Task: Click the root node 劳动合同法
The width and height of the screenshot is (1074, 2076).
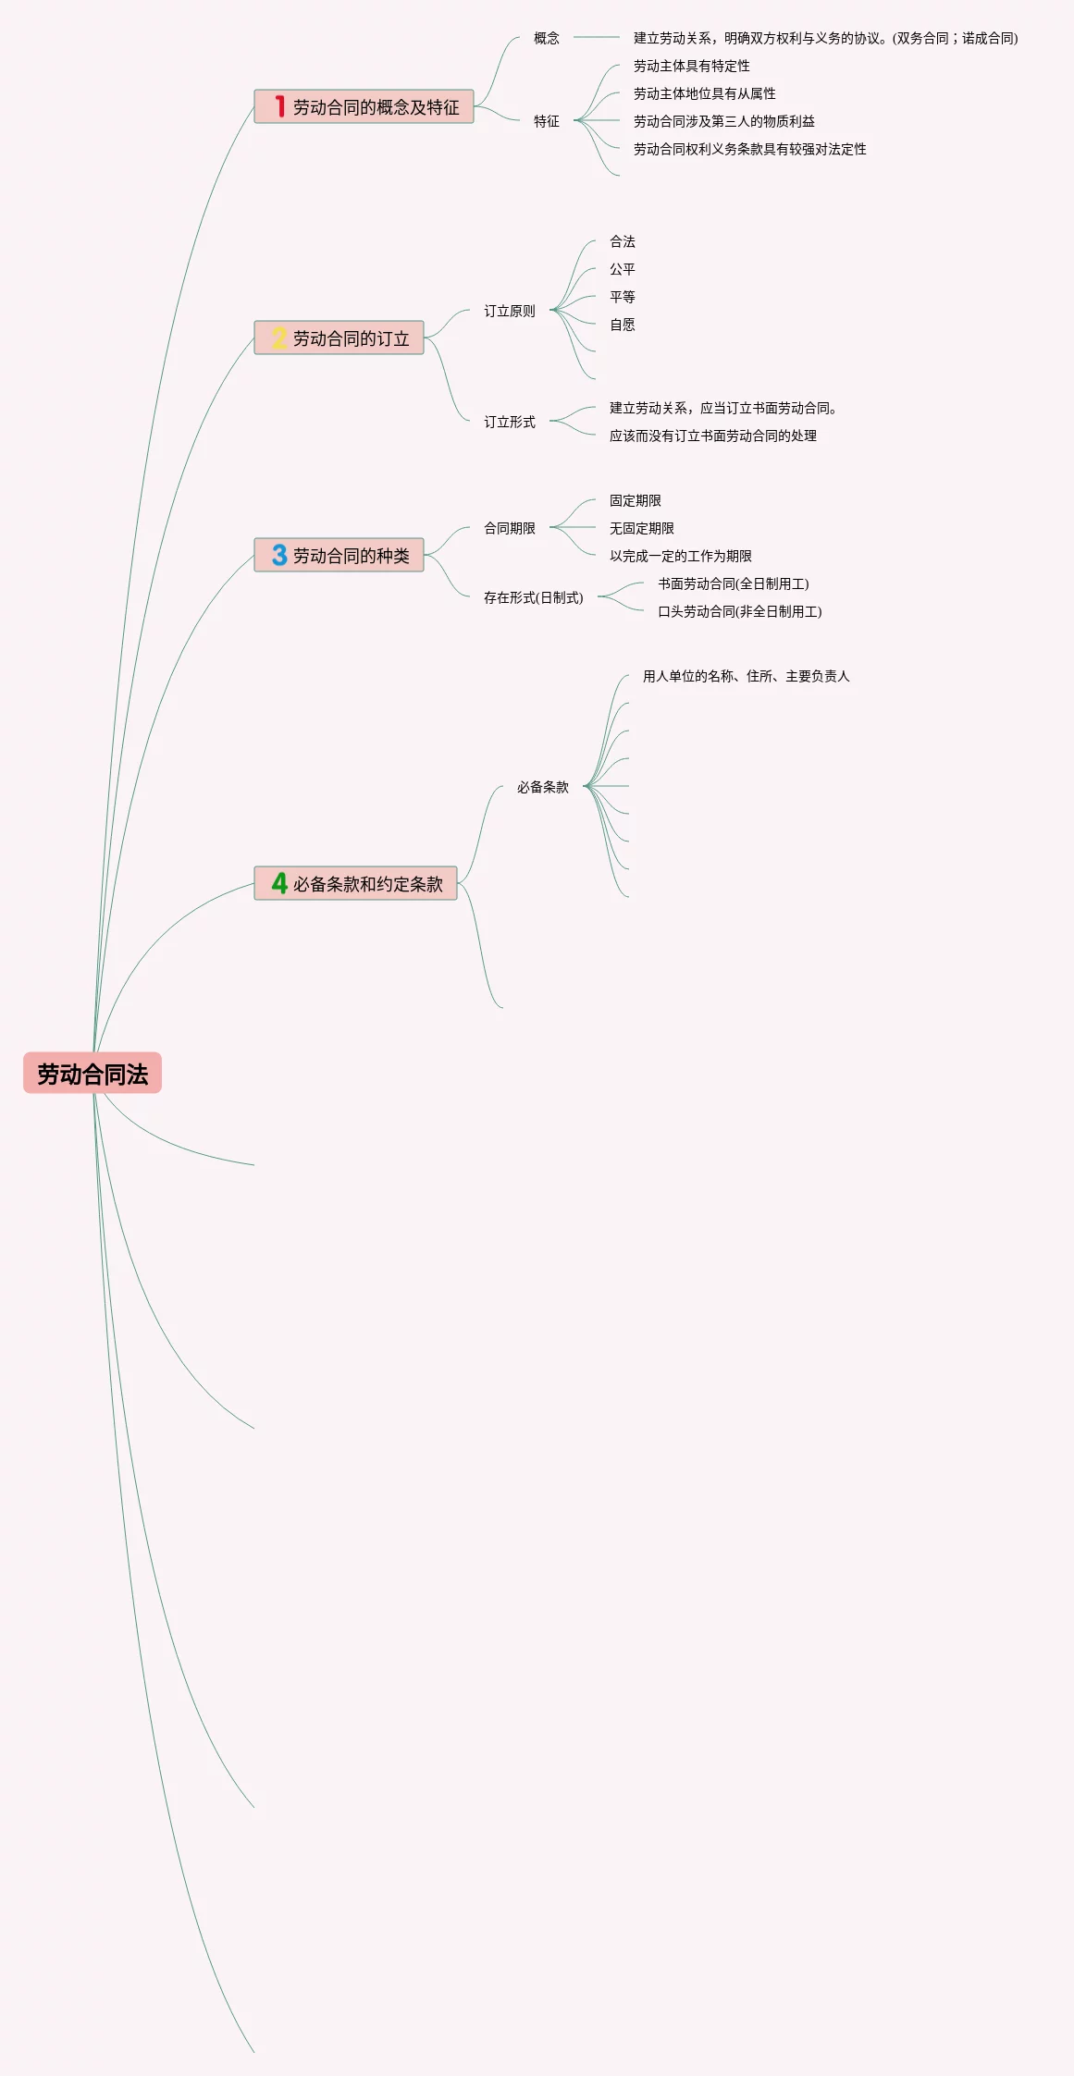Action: point(93,1074)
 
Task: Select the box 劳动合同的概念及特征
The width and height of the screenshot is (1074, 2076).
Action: point(364,107)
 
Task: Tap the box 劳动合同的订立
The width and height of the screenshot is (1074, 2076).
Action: point(339,338)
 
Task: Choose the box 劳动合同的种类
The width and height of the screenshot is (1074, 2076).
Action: point(339,556)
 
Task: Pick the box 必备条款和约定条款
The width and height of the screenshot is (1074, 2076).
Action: point(356,884)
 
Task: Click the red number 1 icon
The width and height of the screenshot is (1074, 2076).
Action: point(279,107)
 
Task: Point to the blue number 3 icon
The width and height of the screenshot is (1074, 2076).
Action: point(279,555)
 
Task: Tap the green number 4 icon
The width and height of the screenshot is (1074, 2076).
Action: point(279,883)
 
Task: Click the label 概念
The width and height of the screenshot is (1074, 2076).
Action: point(547,38)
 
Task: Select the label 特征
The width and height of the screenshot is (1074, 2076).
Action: point(547,121)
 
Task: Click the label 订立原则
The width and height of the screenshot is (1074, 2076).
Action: point(510,311)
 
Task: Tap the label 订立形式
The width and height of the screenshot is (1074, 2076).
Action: point(510,422)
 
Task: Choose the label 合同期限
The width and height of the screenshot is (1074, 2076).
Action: point(510,528)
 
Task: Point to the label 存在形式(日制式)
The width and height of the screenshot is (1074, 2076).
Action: point(534,597)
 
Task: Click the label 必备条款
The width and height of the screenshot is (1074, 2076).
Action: point(543,787)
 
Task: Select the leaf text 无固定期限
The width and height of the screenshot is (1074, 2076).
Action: point(642,528)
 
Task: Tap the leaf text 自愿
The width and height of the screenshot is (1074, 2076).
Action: point(623,325)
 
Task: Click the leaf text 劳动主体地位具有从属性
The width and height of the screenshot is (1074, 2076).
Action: point(705,93)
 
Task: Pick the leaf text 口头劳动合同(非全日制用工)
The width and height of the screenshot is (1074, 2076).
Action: point(740,611)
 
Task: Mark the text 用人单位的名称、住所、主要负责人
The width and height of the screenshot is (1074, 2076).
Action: point(747,676)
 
